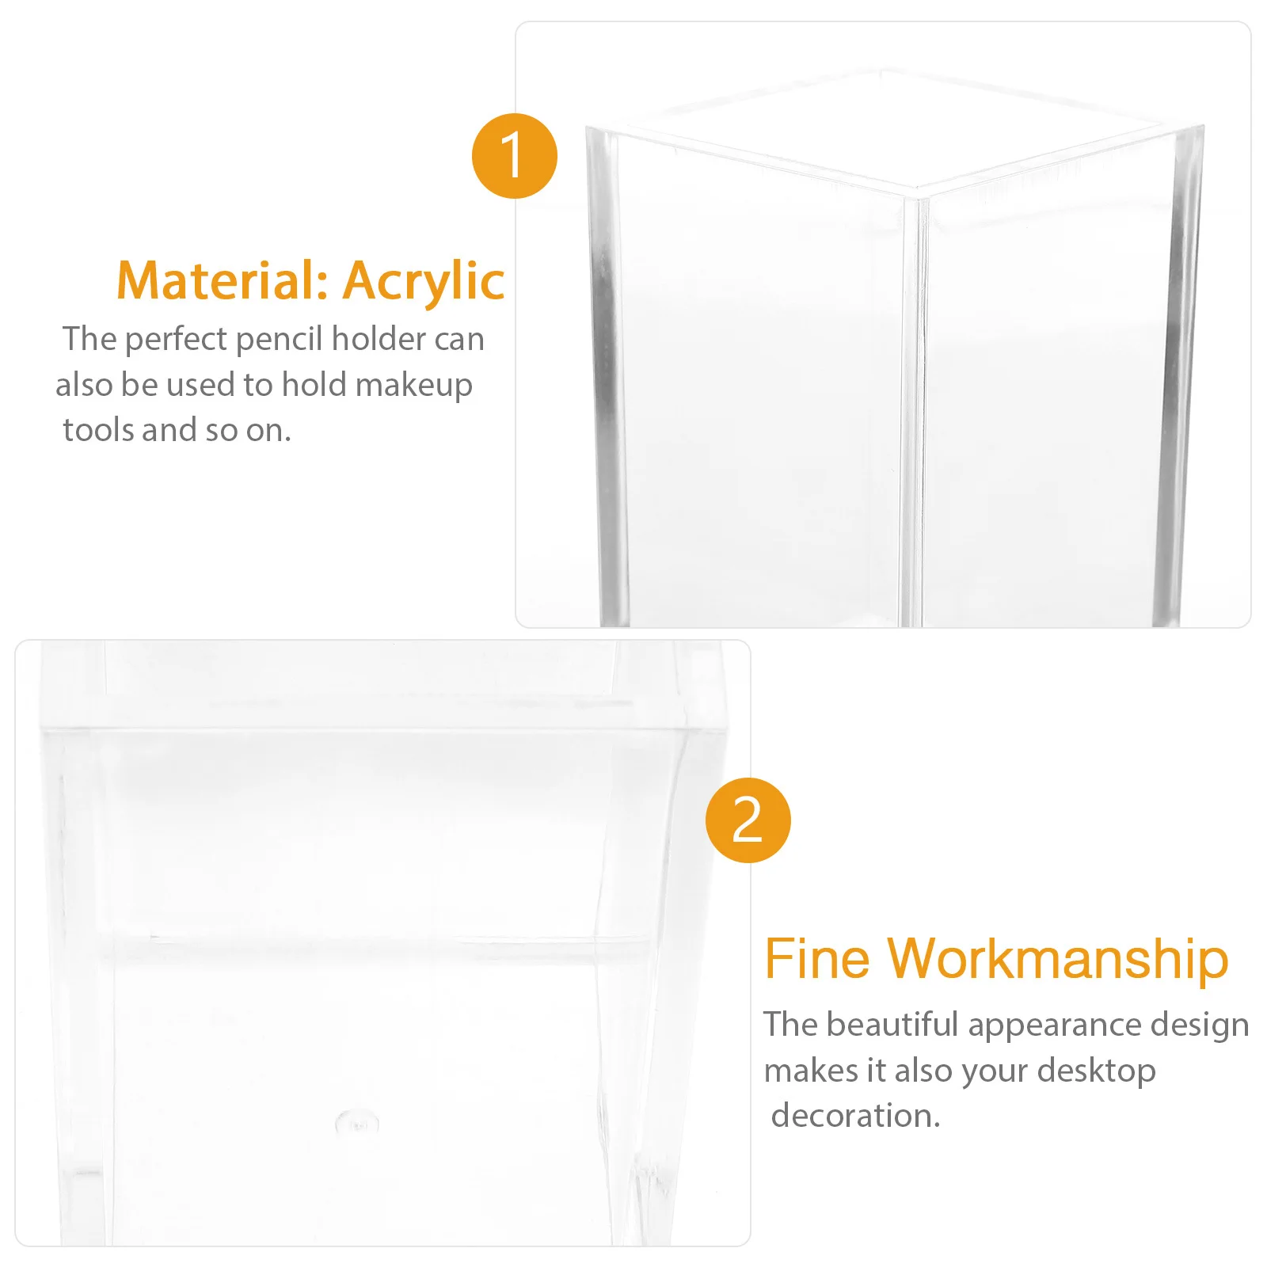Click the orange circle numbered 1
click(x=514, y=156)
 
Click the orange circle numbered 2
click(x=748, y=820)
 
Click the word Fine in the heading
click(x=816, y=959)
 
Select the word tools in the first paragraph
click(x=100, y=430)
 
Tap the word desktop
click(x=1096, y=1071)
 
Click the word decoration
click(x=855, y=1116)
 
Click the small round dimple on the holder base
click(x=357, y=1122)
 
